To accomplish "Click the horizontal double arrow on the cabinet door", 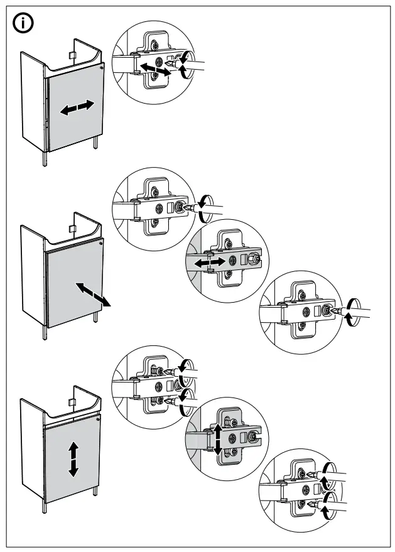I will tap(77, 108).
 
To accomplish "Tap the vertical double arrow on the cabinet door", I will tap(73, 458).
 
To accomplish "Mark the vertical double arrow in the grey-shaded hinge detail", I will tap(217, 438).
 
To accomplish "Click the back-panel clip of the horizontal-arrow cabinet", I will tap(72, 57).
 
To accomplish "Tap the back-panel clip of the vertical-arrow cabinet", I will tap(72, 402).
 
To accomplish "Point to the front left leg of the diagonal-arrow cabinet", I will tap(44, 333).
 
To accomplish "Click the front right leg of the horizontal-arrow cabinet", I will tap(95, 143).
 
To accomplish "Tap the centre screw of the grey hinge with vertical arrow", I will tap(234, 438).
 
